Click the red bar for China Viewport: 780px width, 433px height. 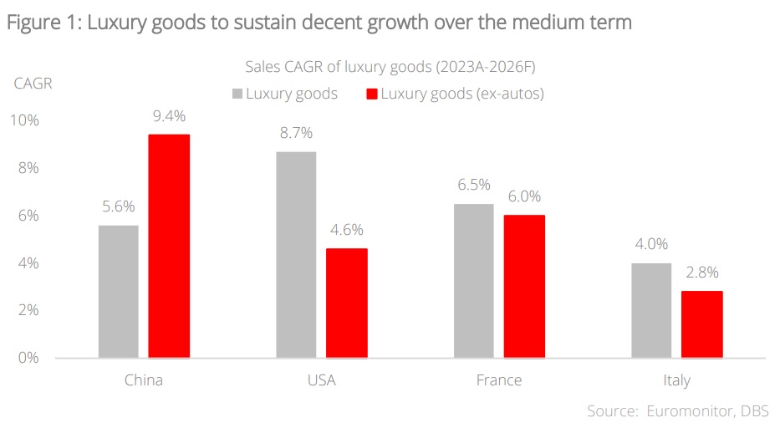[x=169, y=246]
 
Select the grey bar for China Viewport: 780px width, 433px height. [x=118, y=292]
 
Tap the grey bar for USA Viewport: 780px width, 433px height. [x=296, y=255]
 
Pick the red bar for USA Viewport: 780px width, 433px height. [x=347, y=303]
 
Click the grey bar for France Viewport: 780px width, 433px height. [x=473, y=281]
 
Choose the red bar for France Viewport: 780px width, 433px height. [x=524, y=287]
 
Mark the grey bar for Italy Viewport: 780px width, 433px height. [x=651, y=310]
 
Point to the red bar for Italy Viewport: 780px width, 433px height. [x=702, y=324]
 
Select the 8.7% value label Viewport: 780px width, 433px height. [x=296, y=133]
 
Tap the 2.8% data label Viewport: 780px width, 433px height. [x=702, y=272]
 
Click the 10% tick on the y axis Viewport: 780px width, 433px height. [x=24, y=120]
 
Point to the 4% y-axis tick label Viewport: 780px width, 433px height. [x=28, y=263]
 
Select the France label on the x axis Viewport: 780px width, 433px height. [x=499, y=380]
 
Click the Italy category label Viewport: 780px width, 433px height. [x=676, y=380]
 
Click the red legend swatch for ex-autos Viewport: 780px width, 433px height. [x=371, y=94]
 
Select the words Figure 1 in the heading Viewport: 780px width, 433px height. [x=41, y=23]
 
